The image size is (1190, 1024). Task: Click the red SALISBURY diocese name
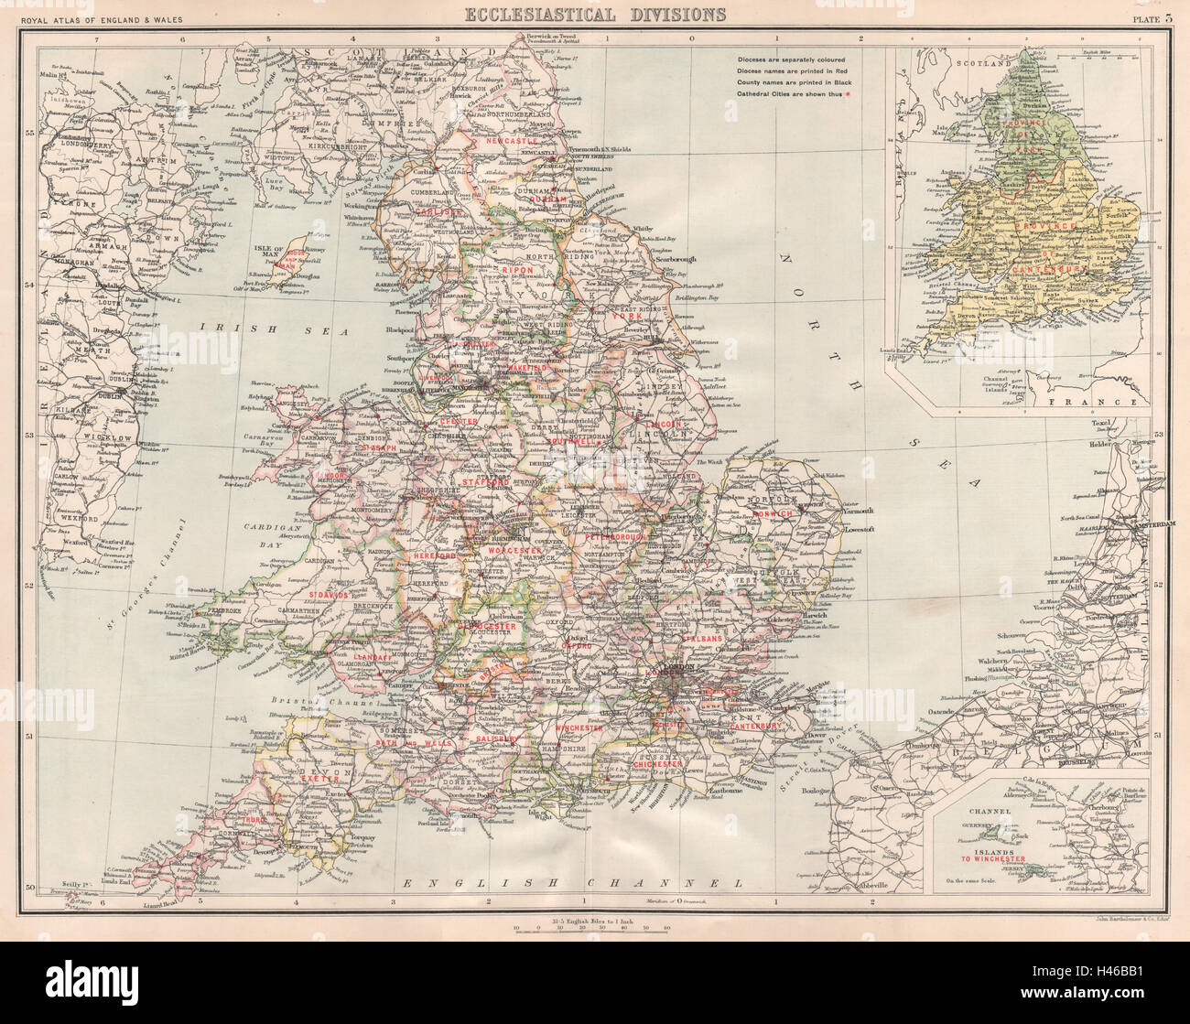pyautogui.click(x=497, y=738)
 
